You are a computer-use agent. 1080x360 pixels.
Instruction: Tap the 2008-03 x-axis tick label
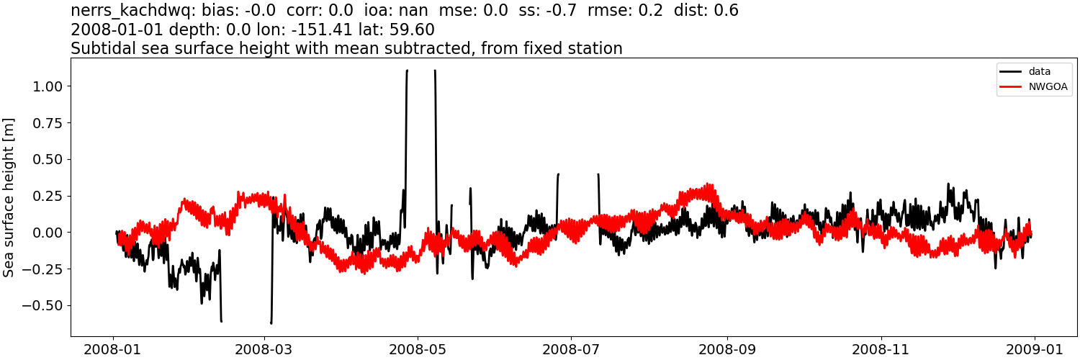265,348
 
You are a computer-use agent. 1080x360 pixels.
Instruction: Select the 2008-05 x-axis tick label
417,348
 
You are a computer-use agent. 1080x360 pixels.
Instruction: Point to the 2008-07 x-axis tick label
571,348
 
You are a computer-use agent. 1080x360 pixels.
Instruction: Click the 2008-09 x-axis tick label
727,348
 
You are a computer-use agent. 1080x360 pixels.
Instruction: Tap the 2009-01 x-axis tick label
1035,348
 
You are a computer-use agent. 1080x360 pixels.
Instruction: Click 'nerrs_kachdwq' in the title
128,11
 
